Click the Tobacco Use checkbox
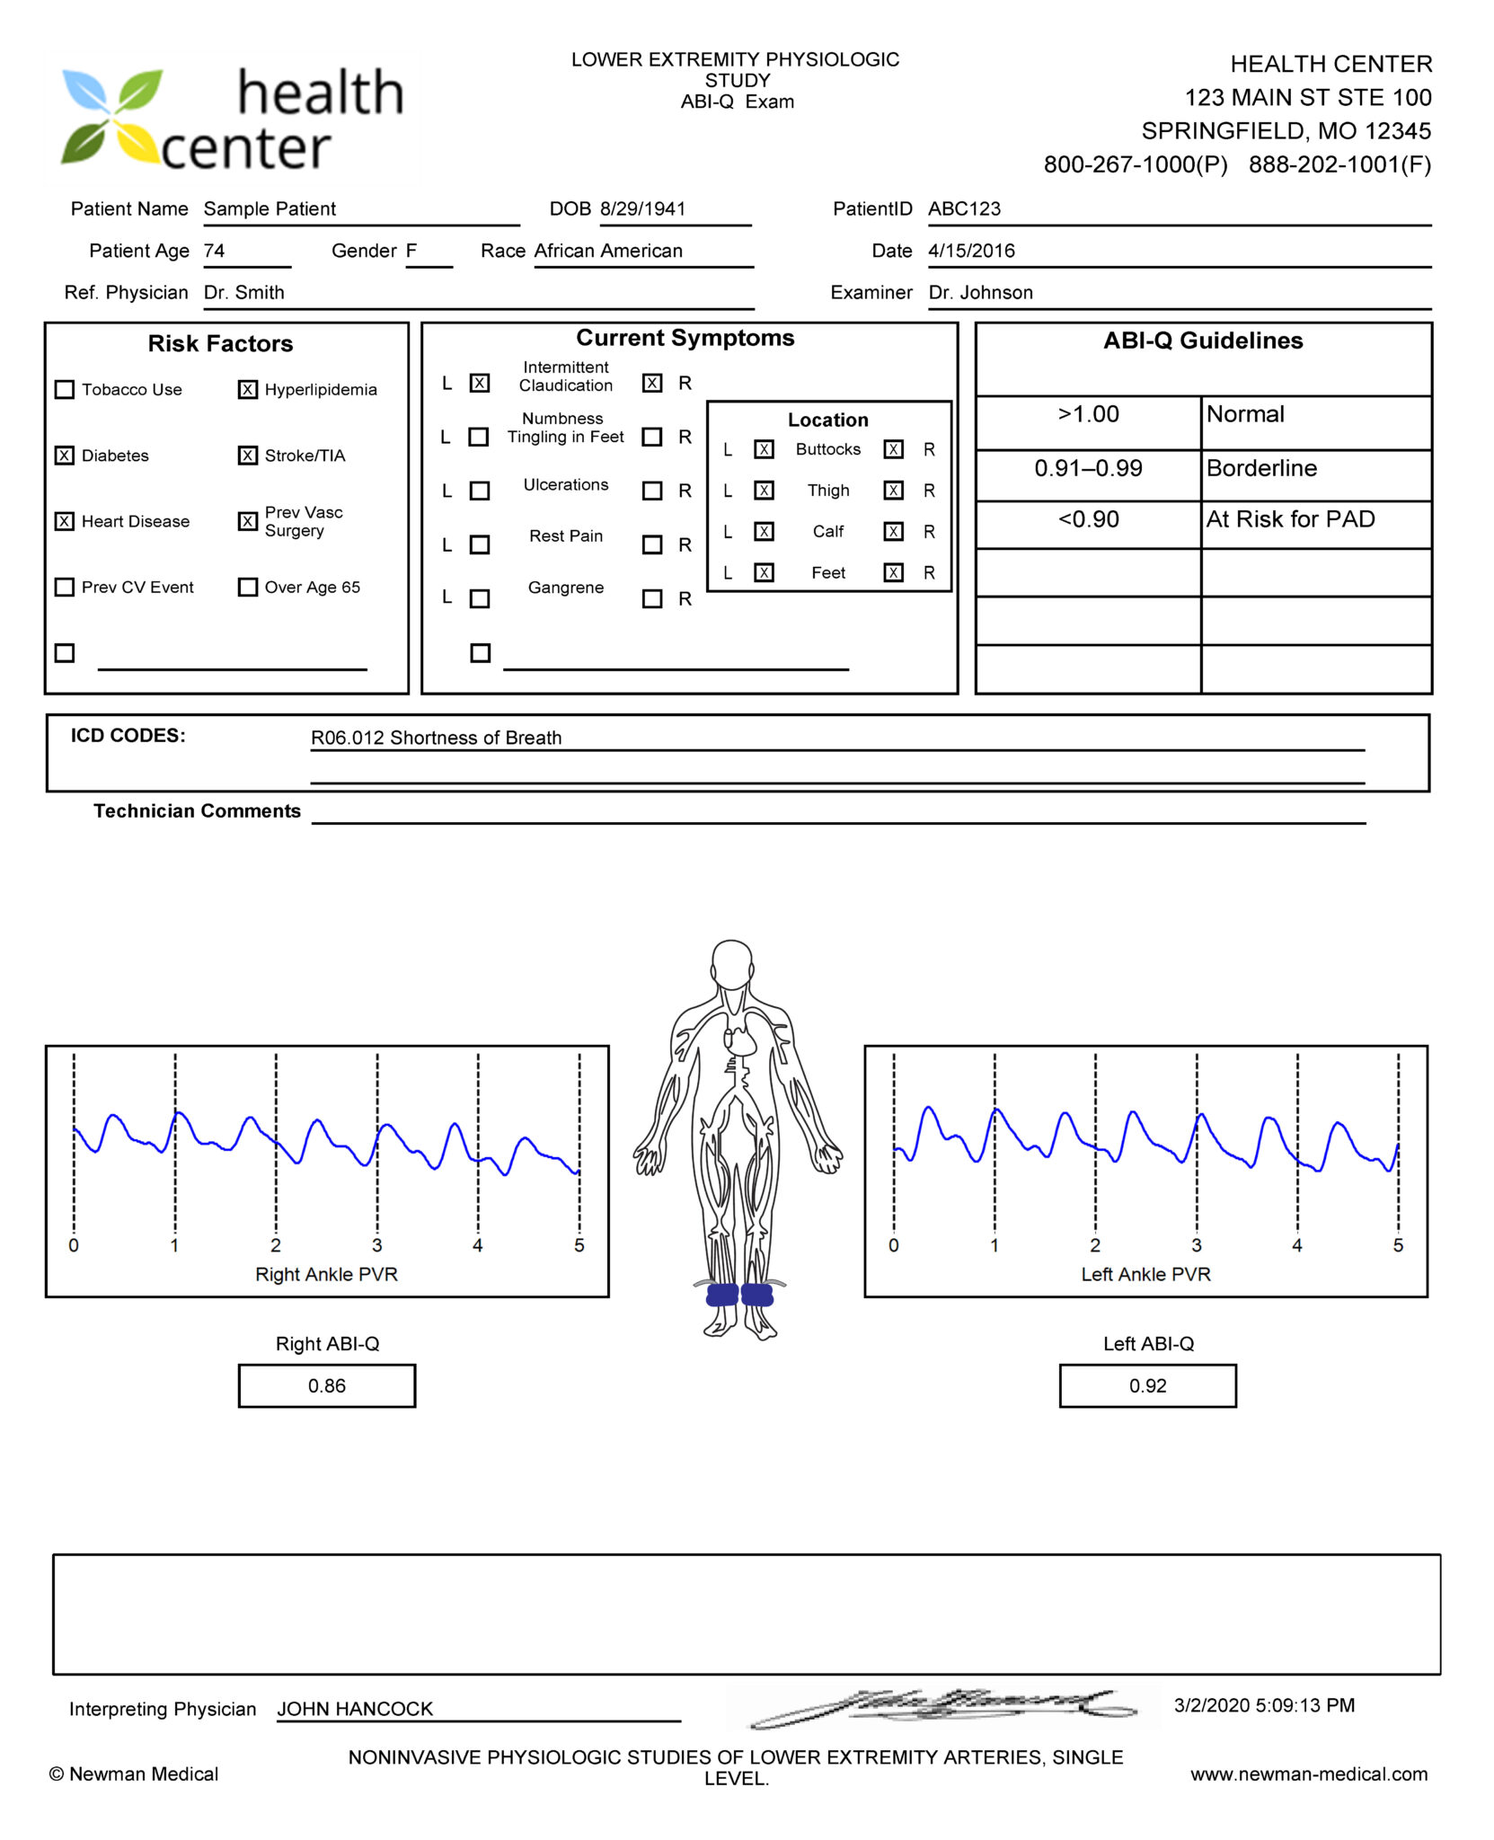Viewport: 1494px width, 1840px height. click(65, 390)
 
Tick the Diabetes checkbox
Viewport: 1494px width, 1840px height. click(65, 456)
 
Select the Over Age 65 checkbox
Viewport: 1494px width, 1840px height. click(248, 588)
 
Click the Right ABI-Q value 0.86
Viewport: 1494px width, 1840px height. click(327, 1385)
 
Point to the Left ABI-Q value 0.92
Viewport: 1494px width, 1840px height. click(1147, 1385)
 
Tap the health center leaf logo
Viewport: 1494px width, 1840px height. click(111, 117)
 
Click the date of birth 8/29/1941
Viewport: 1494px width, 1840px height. click(642, 209)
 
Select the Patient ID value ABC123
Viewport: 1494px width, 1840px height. click(964, 209)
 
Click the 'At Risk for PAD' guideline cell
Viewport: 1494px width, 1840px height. click(1290, 520)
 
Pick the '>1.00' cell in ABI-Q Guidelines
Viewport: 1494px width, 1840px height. click(1088, 415)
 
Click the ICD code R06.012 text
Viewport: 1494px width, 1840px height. click(436, 738)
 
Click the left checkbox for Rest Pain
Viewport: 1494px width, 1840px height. click(480, 544)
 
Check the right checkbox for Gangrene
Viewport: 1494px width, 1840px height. click(652, 598)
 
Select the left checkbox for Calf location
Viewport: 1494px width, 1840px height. click(764, 532)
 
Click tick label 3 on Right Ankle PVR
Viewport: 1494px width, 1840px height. click(377, 1245)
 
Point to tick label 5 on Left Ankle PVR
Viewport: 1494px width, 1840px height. click(1398, 1245)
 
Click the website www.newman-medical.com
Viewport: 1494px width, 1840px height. click(1309, 1774)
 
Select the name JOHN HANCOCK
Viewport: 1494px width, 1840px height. click(355, 1709)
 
